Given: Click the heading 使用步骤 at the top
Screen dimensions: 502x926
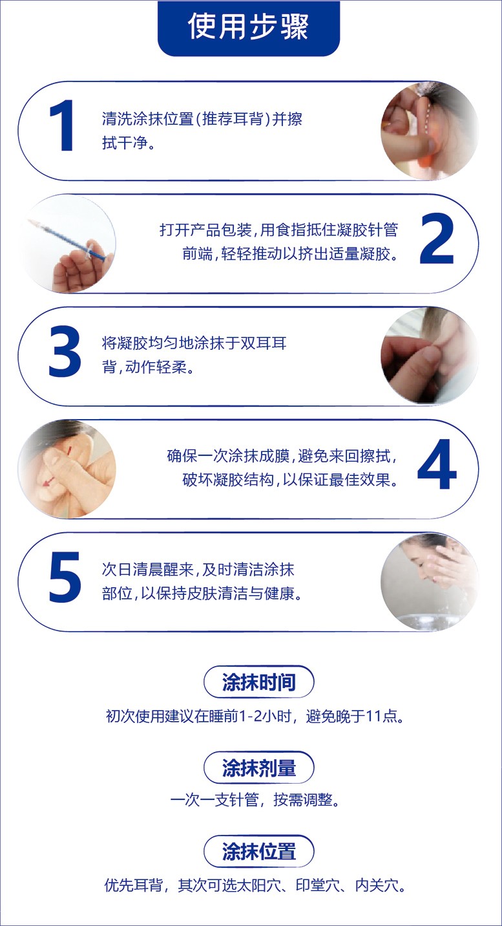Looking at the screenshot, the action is [x=248, y=27].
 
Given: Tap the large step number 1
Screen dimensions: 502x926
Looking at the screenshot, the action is [x=61, y=125].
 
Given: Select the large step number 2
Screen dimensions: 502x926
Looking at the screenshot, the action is [x=437, y=239].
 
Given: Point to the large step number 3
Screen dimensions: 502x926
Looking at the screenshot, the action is [x=65, y=351].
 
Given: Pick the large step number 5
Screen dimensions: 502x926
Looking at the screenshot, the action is [x=65, y=577].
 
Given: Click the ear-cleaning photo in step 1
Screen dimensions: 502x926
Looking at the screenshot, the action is [x=429, y=131].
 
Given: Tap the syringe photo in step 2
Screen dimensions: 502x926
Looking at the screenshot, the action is [x=67, y=244].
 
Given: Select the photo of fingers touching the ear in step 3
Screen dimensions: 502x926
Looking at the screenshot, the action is [x=429, y=356].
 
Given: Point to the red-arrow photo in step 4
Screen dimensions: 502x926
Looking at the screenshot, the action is [x=67, y=469].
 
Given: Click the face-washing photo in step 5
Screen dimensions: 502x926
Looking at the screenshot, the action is [x=429, y=581].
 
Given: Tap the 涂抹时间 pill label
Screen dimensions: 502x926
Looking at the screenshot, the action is [x=258, y=682].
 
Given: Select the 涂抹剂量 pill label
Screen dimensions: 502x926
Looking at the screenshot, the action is [x=258, y=768].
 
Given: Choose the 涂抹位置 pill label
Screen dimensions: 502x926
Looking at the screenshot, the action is [x=258, y=852].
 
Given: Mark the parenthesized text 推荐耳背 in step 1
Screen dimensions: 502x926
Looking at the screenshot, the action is [x=233, y=119].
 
